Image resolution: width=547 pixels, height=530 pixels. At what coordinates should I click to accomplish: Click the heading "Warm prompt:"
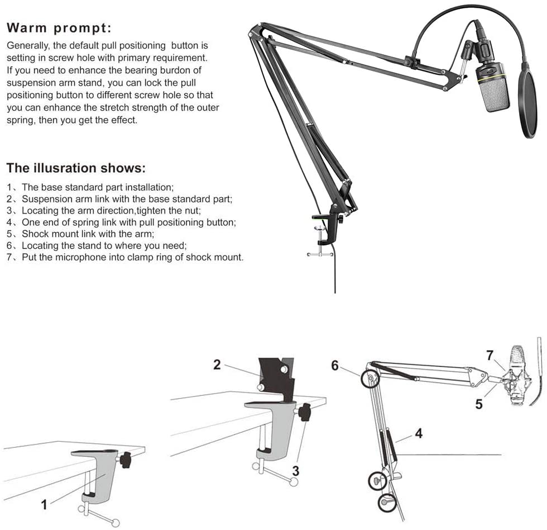pyautogui.click(x=59, y=27)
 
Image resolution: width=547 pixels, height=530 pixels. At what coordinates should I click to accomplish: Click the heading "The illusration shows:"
pyautogui.click(x=76, y=168)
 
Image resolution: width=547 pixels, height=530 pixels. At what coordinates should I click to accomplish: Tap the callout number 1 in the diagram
pyautogui.click(x=45, y=504)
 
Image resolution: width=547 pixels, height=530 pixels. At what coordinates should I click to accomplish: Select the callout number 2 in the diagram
pyautogui.click(x=217, y=365)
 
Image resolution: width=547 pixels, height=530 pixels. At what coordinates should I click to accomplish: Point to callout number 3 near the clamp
pyautogui.click(x=296, y=471)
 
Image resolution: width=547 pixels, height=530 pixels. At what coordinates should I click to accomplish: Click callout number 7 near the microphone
pyautogui.click(x=490, y=355)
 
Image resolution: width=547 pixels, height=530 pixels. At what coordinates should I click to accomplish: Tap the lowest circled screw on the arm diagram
pyautogui.click(x=386, y=501)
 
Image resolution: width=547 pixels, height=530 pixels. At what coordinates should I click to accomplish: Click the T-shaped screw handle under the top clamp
pyautogui.click(x=320, y=254)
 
